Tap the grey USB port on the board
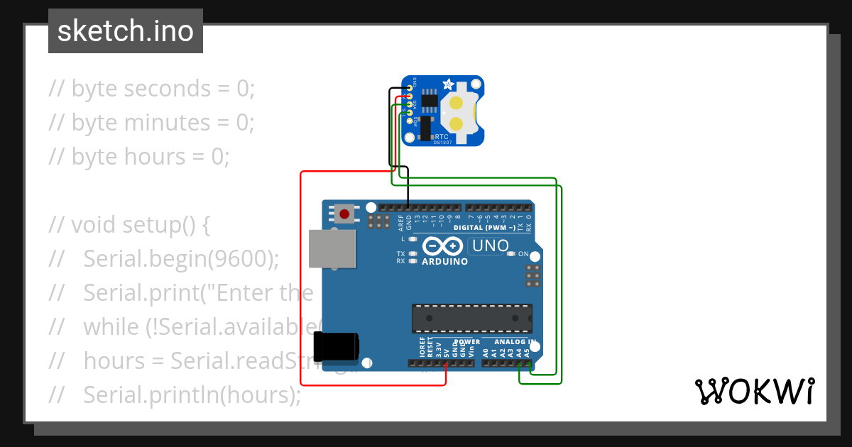click(x=333, y=248)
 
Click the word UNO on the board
click(x=490, y=246)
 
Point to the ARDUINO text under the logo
click(x=445, y=261)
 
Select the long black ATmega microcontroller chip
click(x=471, y=318)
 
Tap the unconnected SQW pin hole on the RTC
click(x=410, y=121)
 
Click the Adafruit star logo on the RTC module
click(x=449, y=85)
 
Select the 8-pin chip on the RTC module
click(x=429, y=101)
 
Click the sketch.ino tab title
click(x=126, y=31)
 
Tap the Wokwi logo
click(x=754, y=391)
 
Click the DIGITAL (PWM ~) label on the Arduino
click(x=485, y=228)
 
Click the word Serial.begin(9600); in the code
click(x=181, y=259)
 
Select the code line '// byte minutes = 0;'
click(x=151, y=122)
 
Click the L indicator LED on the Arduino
click(x=413, y=240)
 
